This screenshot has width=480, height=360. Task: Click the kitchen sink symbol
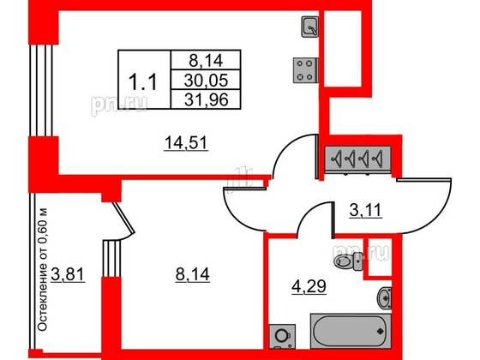click(x=310, y=27)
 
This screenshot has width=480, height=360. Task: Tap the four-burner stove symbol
click(x=305, y=70)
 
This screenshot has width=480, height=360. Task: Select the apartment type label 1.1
click(x=143, y=82)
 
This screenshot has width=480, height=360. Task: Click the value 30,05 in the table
click(x=206, y=81)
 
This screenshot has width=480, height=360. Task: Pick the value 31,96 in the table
click(x=207, y=99)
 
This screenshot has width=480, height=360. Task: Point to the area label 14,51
click(x=186, y=143)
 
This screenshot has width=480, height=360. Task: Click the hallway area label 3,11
click(x=366, y=211)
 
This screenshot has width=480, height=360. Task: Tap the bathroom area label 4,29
click(x=309, y=287)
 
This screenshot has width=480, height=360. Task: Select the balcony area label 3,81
click(x=68, y=274)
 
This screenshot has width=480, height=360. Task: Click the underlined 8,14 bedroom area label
click(x=193, y=274)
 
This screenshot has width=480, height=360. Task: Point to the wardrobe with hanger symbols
click(x=357, y=159)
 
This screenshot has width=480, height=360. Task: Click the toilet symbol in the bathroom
click(x=348, y=261)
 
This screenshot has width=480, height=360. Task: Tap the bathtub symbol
click(x=351, y=331)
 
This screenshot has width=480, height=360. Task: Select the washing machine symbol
click(x=282, y=336)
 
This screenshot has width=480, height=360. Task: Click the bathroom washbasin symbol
click(x=384, y=298)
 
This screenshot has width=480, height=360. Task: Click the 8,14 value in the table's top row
click(x=206, y=61)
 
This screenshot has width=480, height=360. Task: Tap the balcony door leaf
click(x=123, y=217)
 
